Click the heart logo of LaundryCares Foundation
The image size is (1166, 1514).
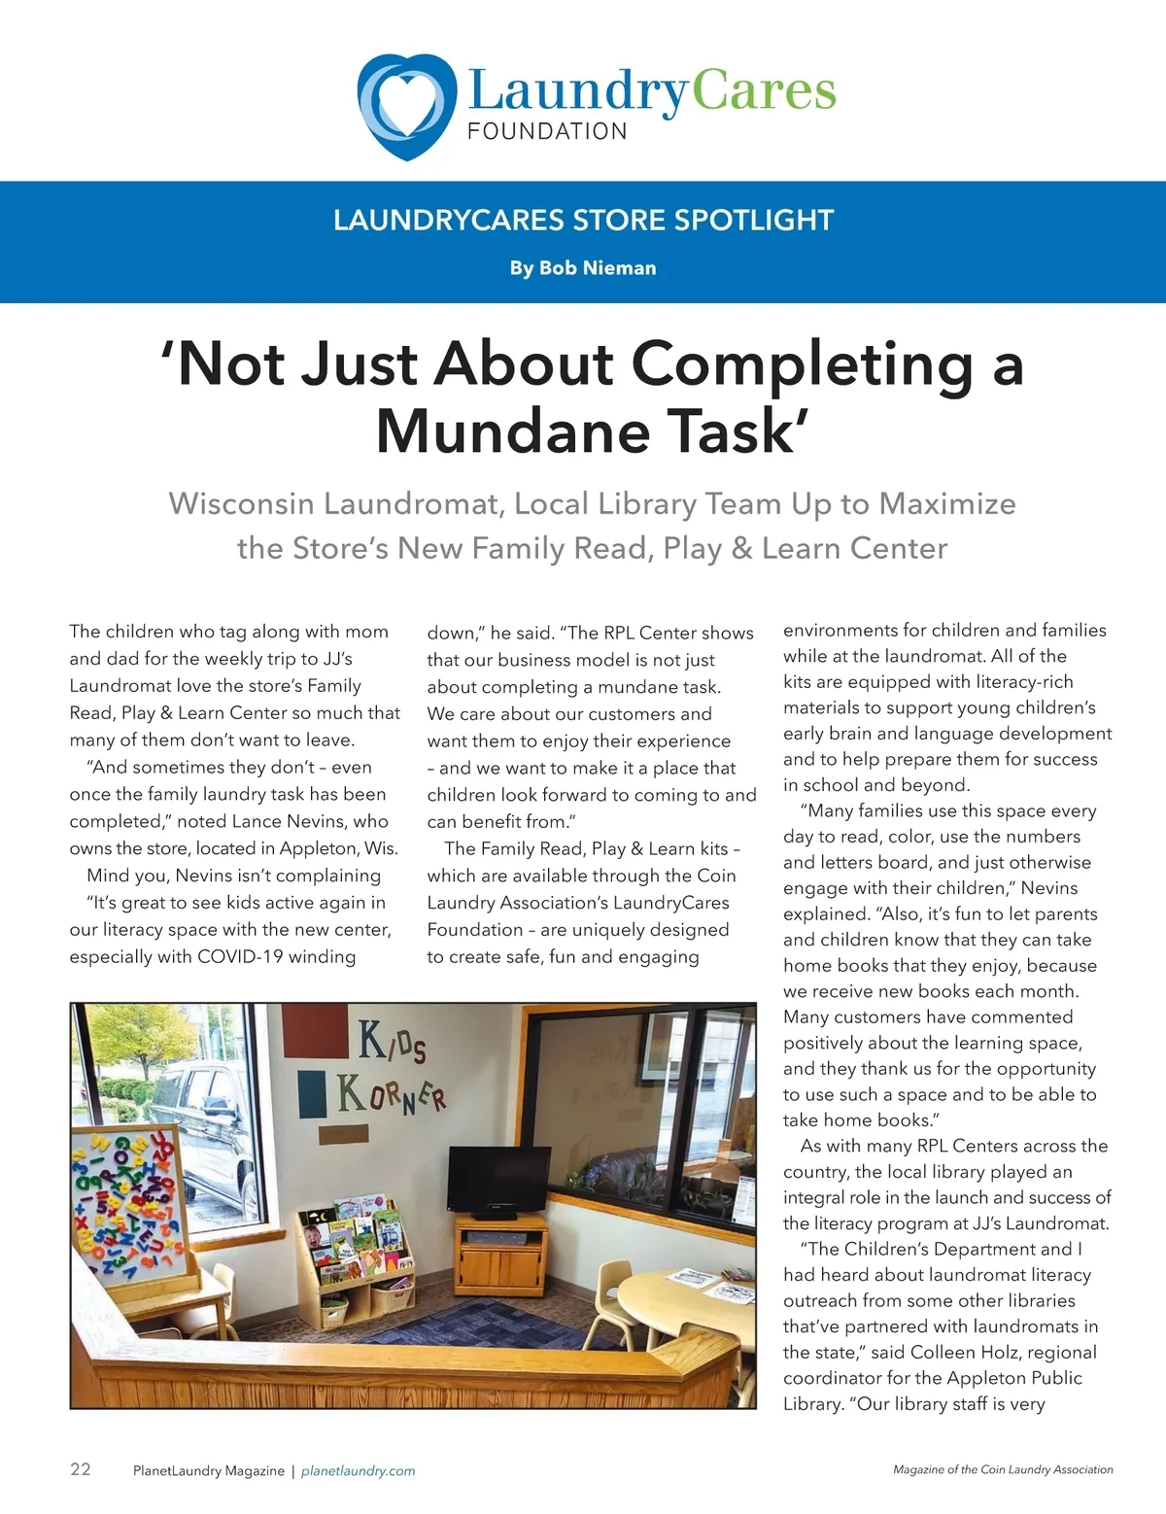click(x=406, y=106)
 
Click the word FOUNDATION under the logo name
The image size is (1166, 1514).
click(x=547, y=132)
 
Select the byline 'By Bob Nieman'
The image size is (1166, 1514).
click(x=583, y=268)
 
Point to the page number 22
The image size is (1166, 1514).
click(x=81, y=1468)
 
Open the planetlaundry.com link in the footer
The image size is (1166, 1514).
click(x=358, y=1471)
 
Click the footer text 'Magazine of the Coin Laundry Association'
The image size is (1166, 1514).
click(x=1003, y=1469)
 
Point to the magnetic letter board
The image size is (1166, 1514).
click(x=127, y=1206)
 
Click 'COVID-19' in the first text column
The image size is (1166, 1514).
click(x=240, y=956)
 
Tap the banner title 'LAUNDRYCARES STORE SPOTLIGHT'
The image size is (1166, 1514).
click(x=583, y=221)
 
